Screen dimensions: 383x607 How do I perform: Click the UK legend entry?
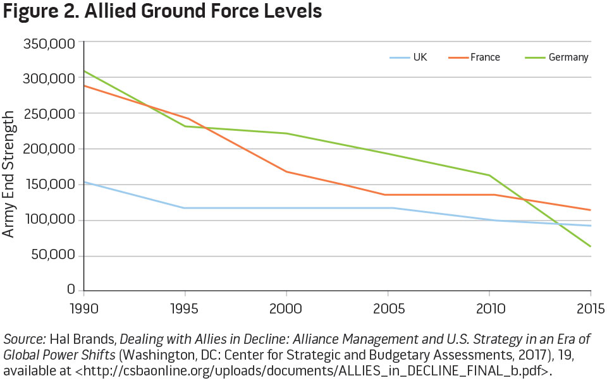click(x=419, y=58)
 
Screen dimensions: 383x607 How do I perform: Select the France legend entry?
click(x=484, y=58)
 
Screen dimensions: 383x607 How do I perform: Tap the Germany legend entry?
click(x=568, y=58)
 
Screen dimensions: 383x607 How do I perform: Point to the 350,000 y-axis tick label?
click(x=49, y=44)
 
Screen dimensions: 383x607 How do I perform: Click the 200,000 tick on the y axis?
click(x=49, y=149)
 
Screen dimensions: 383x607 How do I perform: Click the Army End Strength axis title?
click(x=9, y=173)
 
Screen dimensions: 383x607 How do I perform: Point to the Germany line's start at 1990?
click(x=84, y=71)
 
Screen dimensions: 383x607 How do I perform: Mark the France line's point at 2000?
click(x=286, y=171)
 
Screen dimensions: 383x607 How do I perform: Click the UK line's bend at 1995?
click(x=185, y=208)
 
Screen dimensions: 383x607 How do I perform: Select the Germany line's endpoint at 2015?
click(x=591, y=246)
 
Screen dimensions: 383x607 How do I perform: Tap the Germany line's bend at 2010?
click(x=489, y=175)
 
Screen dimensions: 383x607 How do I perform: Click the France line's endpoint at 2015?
click(x=591, y=210)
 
